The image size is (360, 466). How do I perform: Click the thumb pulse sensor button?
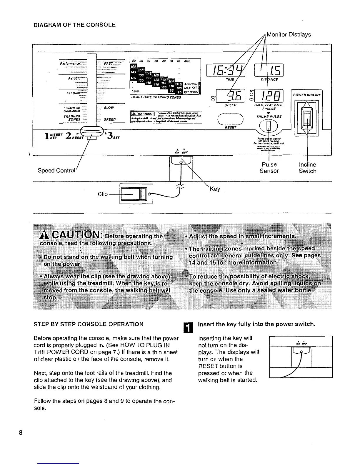tap(269, 127)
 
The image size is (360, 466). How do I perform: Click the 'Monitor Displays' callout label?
tap(288, 35)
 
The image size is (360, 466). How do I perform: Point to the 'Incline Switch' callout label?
tap(307, 168)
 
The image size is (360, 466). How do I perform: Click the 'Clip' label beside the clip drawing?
tap(103, 194)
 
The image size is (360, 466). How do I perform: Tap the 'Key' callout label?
tap(215, 189)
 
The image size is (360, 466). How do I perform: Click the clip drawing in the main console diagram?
tap(136, 194)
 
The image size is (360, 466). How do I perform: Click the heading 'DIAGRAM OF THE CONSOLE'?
tap(74, 25)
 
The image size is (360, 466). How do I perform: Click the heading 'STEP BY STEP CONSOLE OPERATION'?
tap(89, 324)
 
